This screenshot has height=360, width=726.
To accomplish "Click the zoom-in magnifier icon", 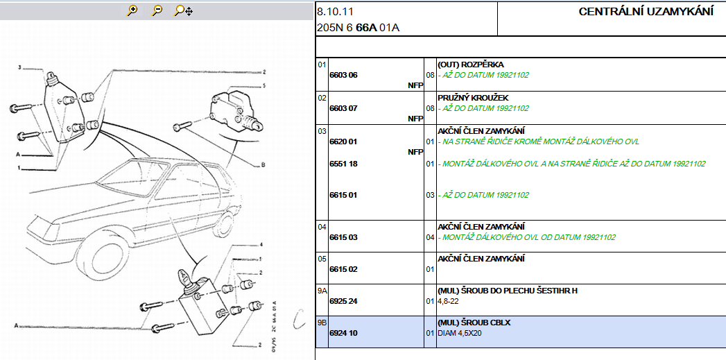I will coord(132,10).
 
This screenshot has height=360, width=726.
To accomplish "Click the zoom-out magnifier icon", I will coord(157,10).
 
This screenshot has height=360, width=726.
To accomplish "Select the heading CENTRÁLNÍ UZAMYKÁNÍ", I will coord(646,12).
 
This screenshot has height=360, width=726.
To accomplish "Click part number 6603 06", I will coord(343,75).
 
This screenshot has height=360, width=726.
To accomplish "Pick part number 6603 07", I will coord(343,108).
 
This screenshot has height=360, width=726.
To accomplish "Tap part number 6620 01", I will coord(343,142).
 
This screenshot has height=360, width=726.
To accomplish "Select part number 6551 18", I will coord(343,164).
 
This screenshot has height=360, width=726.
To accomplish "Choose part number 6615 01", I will coord(343,195).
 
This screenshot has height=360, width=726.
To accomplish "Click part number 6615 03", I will coord(343,237).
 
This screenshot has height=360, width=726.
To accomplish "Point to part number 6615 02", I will coord(343,269).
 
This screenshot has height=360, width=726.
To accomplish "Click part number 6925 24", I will coord(343,301).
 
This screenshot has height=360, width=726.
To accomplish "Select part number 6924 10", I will coord(343,333).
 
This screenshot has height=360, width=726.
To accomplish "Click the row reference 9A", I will coord(322,291).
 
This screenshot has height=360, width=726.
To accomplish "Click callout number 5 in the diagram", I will coord(263,86).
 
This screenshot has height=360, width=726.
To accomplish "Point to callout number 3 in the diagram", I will coord(20,68).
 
